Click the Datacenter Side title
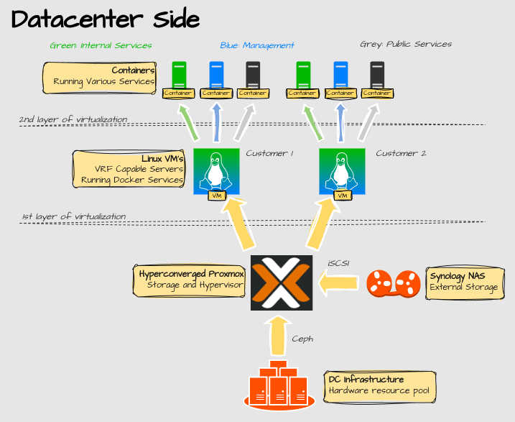pyautogui.click(x=105, y=19)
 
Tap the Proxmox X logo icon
pyautogui.click(x=282, y=283)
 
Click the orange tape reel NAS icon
pyautogui.click(x=393, y=283)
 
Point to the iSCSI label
pyautogui.click(x=338, y=263)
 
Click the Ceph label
pyautogui.click(x=302, y=339)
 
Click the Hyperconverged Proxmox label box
pyautogui.click(x=190, y=280)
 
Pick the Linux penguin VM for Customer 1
pyautogui.click(x=216, y=173)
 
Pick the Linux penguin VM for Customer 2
pyautogui.click(x=342, y=173)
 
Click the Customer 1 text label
pyautogui.click(x=270, y=153)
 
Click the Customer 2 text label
pyautogui.click(x=401, y=153)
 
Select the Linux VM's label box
pyautogui.click(x=129, y=169)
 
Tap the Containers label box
pyautogui.click(x=100, y=77)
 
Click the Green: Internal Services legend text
pyautogui.click(x=101, y=45)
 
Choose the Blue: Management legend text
pyautogui.click(x=257, y=45)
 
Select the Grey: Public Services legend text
pyautogui.click(x=405, y=45)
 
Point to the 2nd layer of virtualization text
pyautogui.click(x=73, y=119)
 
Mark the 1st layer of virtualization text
pyautogui.click(x=73, y=216)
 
